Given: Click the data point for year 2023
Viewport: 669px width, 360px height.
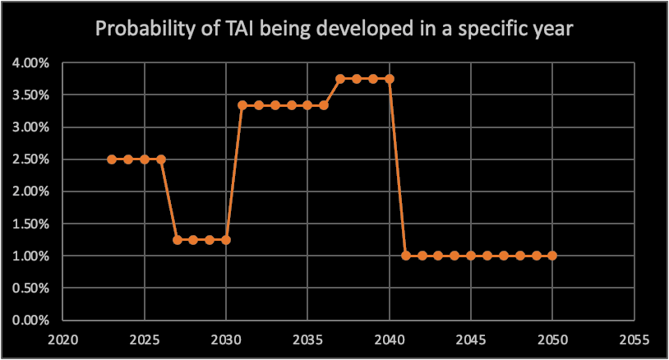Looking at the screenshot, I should (x=112, y=159).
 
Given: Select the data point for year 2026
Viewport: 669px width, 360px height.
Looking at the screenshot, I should (x=161, y=159).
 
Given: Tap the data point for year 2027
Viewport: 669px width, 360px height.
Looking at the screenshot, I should (x=178, y=239).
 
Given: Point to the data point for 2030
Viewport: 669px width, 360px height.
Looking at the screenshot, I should (x=226, y=239).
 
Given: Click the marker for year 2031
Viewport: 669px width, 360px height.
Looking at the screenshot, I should (x=242, y=105).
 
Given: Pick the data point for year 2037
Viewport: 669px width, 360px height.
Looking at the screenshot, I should (x=340, y=79).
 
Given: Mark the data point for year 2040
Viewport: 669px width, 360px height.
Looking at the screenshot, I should (x=390, y=79).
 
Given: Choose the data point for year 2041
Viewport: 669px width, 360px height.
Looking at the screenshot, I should (x=406, y=256).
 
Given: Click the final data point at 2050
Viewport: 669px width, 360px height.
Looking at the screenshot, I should (x=552, y=256).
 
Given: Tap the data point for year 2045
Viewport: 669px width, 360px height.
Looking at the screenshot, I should (x=471, y=256).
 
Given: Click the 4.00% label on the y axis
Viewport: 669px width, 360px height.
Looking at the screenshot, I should (x=30, y=63).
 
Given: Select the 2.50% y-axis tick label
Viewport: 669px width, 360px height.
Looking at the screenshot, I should (x=30, y=159).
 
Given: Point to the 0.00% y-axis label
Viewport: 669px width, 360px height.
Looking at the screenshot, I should (x=30, y=321).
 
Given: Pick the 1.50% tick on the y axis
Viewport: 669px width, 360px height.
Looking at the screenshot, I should (x=30, y=224).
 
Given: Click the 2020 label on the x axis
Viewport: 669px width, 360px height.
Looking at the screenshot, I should (x=63, y=338).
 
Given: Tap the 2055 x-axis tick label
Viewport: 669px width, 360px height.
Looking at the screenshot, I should (x=634, y=338).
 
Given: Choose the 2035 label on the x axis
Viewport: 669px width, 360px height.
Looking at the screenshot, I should (x=307, y=338).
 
